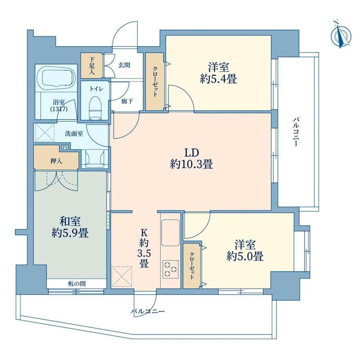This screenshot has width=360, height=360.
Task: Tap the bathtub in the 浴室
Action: click(x=56, y=77)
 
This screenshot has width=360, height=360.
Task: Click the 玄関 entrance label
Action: click(x=124, y=65)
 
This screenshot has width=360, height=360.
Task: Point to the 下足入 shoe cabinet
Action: click(x=92, y=65)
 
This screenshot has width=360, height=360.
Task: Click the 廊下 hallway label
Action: click(x=127, y=101)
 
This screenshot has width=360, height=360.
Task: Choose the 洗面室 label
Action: click(x=74, y=133)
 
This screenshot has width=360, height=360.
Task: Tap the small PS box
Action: click(x=65, y=147)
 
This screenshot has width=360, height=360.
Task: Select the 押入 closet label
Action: click(x=56, y=161)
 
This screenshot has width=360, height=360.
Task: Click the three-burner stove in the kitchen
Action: click(x=170, y=269)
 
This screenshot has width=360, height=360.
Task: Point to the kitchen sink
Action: click(x=170, y=232)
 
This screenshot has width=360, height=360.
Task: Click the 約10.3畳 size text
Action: click(x=191, y=164)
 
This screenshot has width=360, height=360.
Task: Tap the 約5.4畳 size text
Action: click(x=218, y=79)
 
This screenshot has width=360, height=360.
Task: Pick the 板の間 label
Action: click(x=77, y=284)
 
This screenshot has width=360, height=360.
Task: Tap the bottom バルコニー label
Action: click(x=148, y=311)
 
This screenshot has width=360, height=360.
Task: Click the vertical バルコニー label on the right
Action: click(x=296, y=132)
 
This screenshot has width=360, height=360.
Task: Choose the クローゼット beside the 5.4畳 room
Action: click(x=155, y=81)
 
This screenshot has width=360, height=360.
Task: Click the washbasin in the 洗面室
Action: click(x=94, y=158)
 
